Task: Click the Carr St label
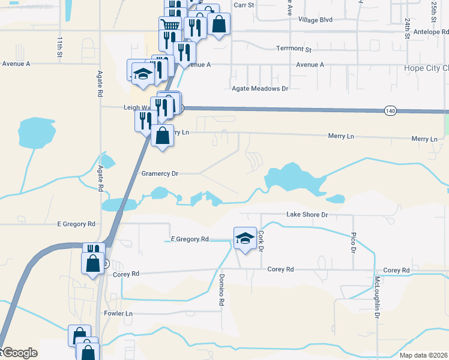[x=244, y=5]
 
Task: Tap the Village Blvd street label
[x=315, y=19]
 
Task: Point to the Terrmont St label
[x=294, y=49]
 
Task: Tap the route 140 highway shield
[x=390, y=111]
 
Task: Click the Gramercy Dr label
[x=160, y=173]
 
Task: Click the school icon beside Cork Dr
[x=245, y=238]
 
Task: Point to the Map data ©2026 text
[x=423, y=355]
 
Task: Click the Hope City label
[x=426, y=68]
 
